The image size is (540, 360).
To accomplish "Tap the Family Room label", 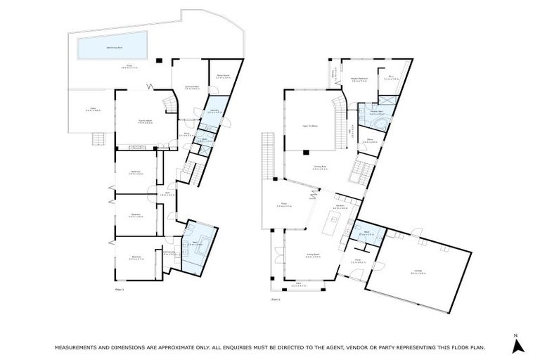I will [x=146, y=121].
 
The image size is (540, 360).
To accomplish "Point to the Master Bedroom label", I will [x=360, y=80].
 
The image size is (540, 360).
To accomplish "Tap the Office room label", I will [x=370, y=141].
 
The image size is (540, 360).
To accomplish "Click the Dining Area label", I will [x=320, y=168].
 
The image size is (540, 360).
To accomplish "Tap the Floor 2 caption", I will [x=275, y=298].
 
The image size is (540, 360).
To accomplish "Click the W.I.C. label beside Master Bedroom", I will [x=390, y=79].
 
